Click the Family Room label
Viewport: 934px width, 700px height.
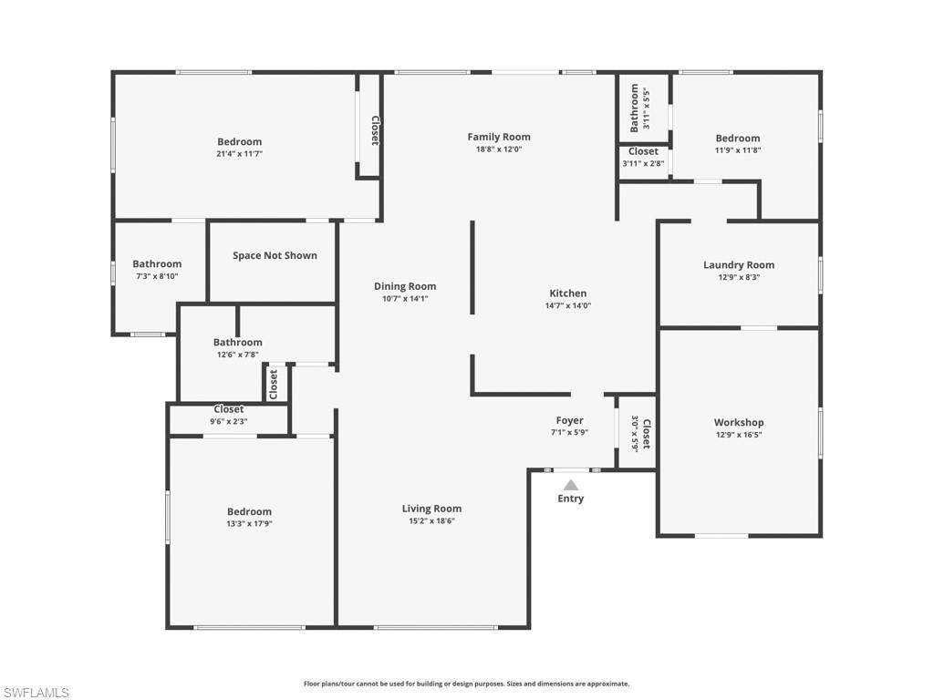pyautogui.click(x=499, y=137)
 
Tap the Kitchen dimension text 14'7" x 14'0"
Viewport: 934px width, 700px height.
pyautogui.click(x=567, y=306)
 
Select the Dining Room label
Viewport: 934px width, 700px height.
pyautogui.click(x=405, y=286)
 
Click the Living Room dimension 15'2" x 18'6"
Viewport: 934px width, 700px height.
pyautogui.click(x=431, y=521)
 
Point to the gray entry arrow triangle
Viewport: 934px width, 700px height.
pyautogui.click(x=570, y=485)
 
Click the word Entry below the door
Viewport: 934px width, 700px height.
pyautogui.click(x=571, y=499)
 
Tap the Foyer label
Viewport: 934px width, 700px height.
pyautogui.click(x=569, y=420)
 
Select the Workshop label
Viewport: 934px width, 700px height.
pyautogui.click(x=739, y=422)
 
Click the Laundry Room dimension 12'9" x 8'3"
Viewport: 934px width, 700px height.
pyautogui.click(x=739, y=277)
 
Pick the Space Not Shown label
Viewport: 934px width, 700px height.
pyautogui.click(x=275, y=255)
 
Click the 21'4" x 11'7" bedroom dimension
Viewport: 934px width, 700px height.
pyautogui.click(x=239, y=154)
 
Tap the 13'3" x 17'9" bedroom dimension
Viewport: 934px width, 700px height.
pyautogui.click(x=249, y=524)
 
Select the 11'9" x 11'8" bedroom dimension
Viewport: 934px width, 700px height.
pyautogui.click(x=738, y=150)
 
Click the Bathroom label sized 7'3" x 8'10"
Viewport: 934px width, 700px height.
pyautogui.click(x=157, y=263)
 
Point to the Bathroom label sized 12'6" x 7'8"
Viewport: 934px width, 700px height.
pyautogui.click(x=238, y=342)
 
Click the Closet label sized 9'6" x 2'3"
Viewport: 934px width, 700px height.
pyautogui.click(x=228, y=409)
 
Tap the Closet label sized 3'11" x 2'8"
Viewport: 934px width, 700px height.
pyautogui.click(x=643, y=151)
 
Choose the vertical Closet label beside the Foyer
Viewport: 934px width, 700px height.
pyautogui.click(x=647, y=434)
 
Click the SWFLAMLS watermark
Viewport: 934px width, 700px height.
pyautogui.click(x=36, y=693)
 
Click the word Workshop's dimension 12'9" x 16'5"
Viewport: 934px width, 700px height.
pyautogui.click(x=739, y=435)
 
